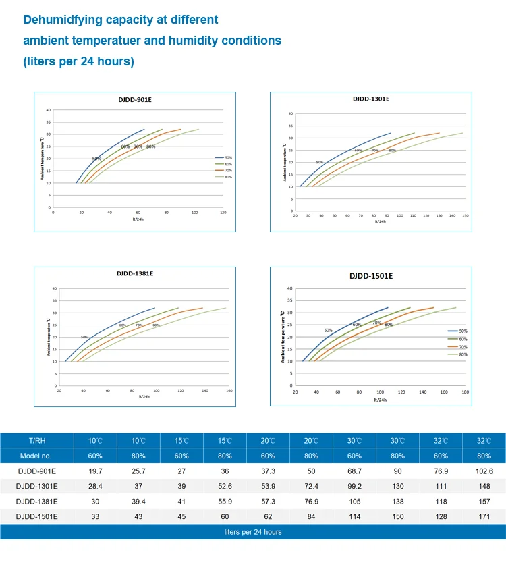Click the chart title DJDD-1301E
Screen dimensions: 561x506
pos(370,99)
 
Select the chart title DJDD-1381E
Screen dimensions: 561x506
pos(135,273)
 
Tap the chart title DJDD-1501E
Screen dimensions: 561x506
pos(370,276)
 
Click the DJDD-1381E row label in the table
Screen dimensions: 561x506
pos(36,502)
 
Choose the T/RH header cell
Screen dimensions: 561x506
pos(36,440)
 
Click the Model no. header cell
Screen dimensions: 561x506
pos(36,456)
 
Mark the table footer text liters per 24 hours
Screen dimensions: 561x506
pos(253,532)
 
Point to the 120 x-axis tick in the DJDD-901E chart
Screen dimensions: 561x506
pos(223,213)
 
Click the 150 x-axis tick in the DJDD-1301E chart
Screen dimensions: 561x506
pos(464,216)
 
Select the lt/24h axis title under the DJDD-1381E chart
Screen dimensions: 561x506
pos(145,397)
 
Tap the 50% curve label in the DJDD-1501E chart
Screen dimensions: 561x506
pos(328,330)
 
